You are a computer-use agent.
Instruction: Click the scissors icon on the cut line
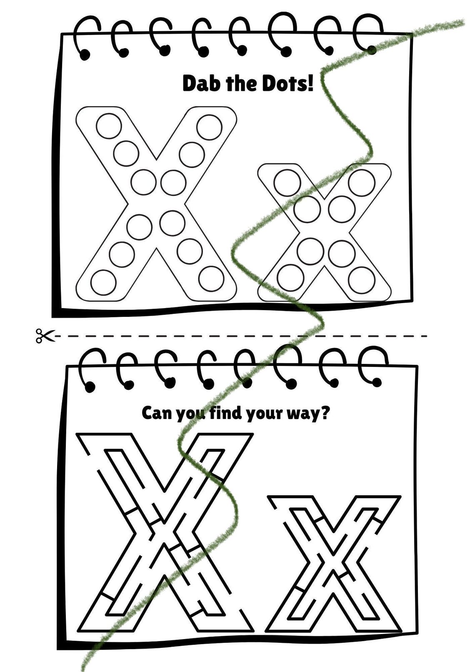pos(45,336)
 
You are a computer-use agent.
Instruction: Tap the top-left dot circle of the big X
pos(109,126)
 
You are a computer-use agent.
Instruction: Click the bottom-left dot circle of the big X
pos(103,282)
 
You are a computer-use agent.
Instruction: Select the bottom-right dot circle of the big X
pos(211,278)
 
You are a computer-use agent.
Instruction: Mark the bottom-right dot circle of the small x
pos(361,280)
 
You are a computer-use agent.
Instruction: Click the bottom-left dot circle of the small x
pos(290,277)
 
